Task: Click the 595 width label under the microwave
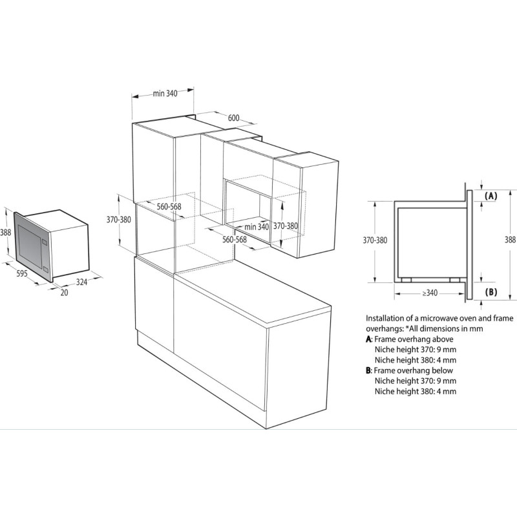click(x=22, y=273)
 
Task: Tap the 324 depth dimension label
click(x=82, y=282)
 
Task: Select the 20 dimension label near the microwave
click(x=64, y=293)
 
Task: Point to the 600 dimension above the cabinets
click(x=233, y=118)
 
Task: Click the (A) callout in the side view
click(x=491, y=196)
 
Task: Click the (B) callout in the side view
click(x=491, y=292)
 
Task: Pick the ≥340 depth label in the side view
click(x=430, y=293)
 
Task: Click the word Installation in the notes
click(x=385, y=318)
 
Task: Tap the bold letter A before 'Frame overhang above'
click(x=368, y=339)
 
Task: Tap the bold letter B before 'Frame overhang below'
click(x=368, y=370)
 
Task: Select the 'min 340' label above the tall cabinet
click(x=165, y=94)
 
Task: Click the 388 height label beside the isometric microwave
click(x=5, y=233)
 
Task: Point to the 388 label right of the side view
click(x=511, y=240)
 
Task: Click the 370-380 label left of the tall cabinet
click(x=119, y=220)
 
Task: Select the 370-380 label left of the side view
click(x=375, y=240)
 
